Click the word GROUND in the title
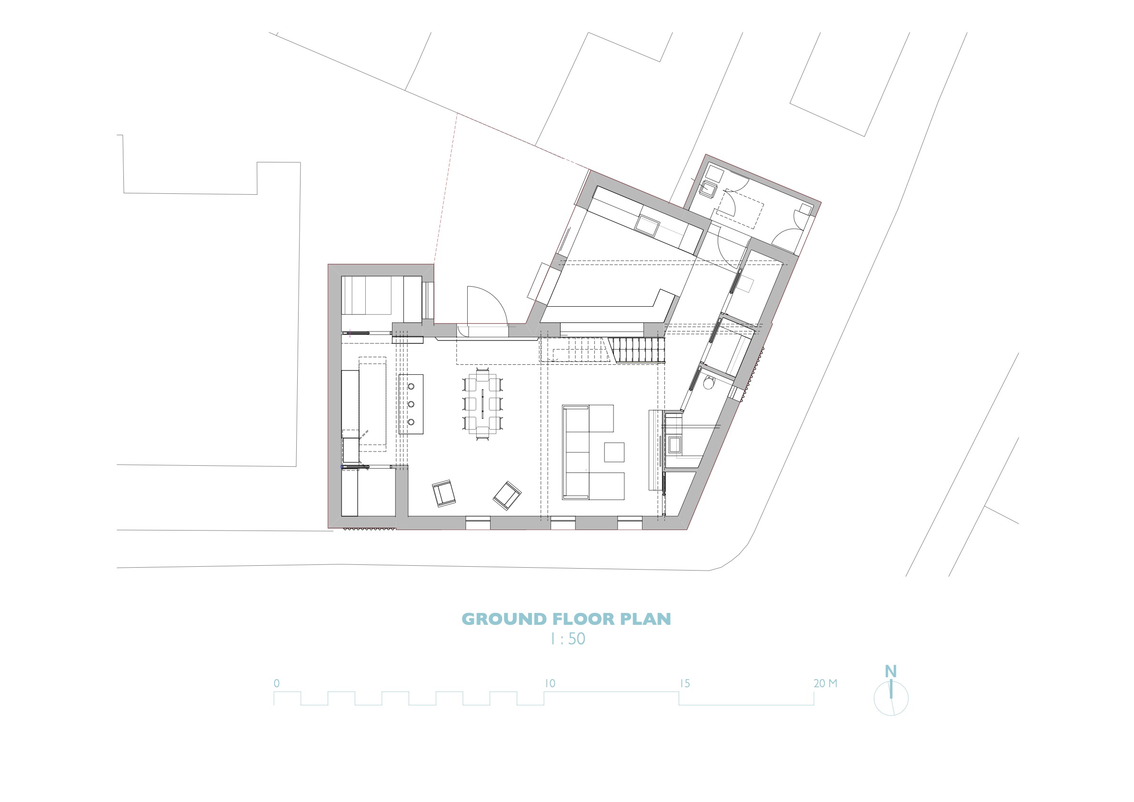click(x=504, y=619)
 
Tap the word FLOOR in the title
click(x=583, y=619)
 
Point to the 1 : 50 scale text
click(x=568, y=639)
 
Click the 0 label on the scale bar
click(x=277, y=683)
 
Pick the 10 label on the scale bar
click(x=550, y=683)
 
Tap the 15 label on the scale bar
click(x=685, y=683)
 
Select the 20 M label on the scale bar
click(x=825, y=683)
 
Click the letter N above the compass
click(x=891, y=672)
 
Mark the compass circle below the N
click(x=874, y=698)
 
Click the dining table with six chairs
click(x=482, y=404)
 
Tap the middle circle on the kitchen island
click(x=411, y=404)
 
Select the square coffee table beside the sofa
click(x=614, y=452)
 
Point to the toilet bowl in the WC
click(x=709, y=383)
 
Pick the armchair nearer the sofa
click(x=507, y=496)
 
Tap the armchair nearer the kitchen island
click(x=443, y=493)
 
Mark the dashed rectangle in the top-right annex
click(x=739, y=209)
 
